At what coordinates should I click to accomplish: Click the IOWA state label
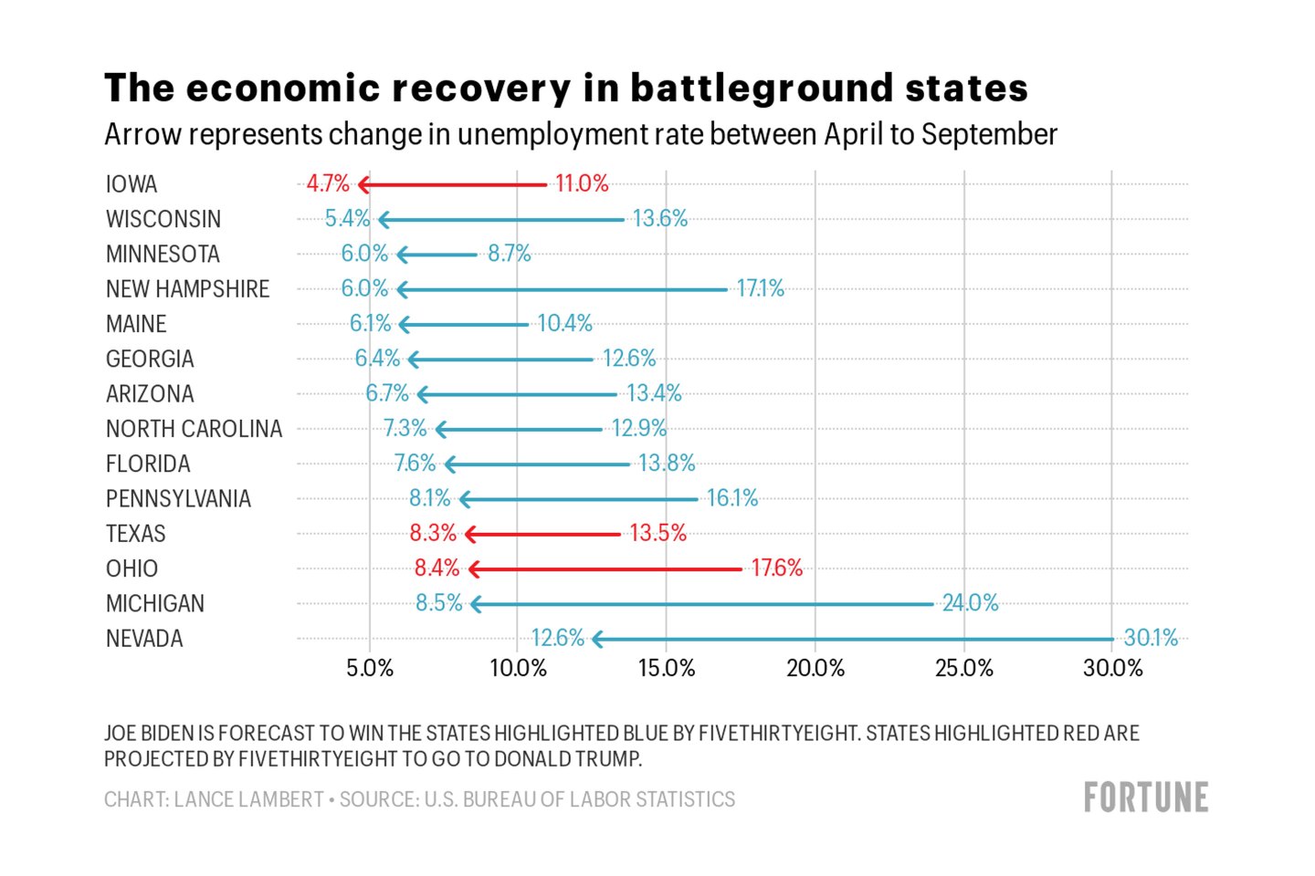click(131, 184)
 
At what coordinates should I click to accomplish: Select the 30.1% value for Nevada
click(1151, 638)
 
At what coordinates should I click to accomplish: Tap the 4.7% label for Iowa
click(328, 184)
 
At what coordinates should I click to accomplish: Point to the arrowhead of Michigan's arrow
click(476, 604)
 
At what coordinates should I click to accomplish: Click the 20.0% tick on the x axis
click(815, 669)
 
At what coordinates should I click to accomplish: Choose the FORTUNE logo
click(1146, 798)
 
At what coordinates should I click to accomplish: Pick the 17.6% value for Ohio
click(776, 568)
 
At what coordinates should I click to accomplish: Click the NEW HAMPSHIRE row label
click(187, 289)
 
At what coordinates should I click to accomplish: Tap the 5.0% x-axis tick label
click(370, 669)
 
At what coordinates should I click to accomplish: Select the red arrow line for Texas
click(548, 534)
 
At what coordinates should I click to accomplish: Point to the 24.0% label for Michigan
click(970, 603)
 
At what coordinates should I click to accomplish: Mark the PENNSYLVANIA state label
click(178, 499)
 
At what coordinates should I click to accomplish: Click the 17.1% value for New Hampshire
click(760, 289)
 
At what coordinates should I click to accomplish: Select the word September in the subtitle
click(989, 135)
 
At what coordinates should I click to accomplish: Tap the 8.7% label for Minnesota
click(509, 254)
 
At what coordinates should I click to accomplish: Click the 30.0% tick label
click(1112, 669)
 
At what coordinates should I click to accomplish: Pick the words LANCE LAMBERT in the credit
click(248, 799)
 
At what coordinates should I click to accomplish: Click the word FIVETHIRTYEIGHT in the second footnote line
click(318, 759)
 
